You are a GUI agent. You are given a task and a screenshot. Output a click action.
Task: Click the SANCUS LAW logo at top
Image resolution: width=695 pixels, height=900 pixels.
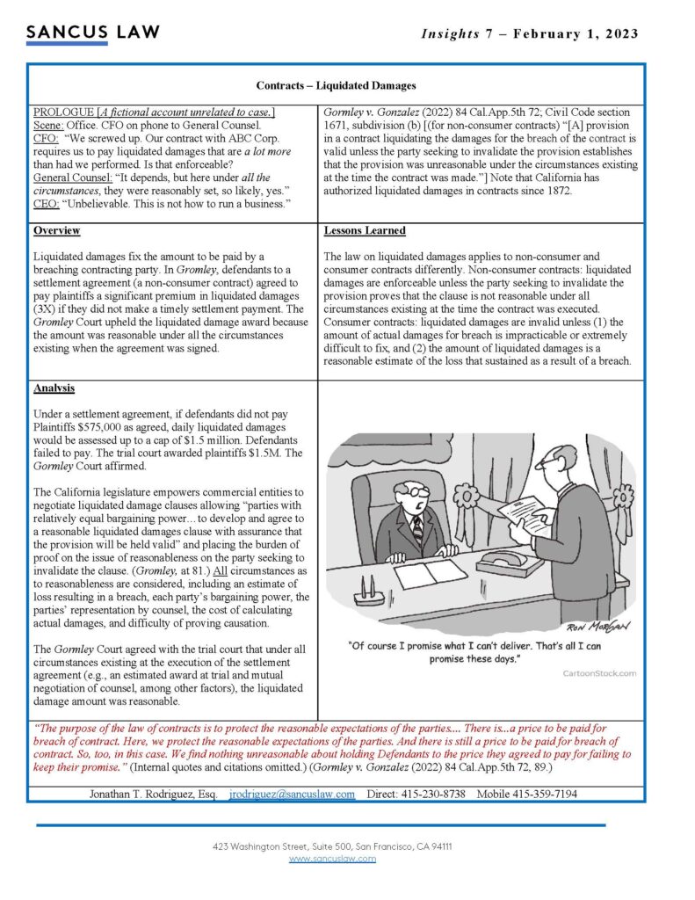[x=92, y=33]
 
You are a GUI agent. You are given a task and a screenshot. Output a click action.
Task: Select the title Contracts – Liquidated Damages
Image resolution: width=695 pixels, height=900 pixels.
[x=336, y=85]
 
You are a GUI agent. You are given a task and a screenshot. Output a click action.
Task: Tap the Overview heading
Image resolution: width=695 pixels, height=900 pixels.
[x=56, y=230]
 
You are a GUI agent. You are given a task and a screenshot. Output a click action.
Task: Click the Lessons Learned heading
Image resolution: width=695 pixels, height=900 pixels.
[x=365, y=230]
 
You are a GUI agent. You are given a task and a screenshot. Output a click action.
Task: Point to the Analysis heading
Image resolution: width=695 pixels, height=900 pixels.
[x=54, y=388]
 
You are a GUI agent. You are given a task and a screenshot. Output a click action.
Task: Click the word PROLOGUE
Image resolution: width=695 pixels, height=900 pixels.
[x=63, y=112]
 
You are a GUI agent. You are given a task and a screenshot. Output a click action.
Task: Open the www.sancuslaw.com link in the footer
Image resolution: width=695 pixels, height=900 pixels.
[x=332, y=859]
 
